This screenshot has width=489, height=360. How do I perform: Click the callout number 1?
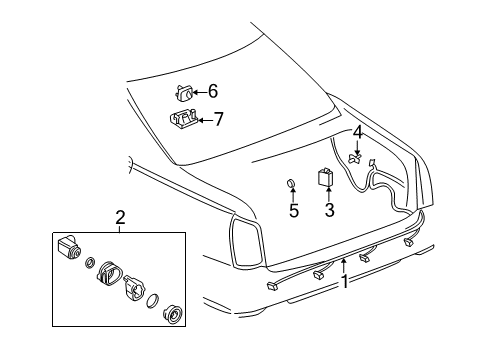pyautogui.click(x=344, y=282)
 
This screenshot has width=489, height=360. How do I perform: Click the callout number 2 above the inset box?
pyautogui.click(x=120, y=217)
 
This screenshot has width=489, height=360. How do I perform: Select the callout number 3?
pyautogui.click(x=328, y=210)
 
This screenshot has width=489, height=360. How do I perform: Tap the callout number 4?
pyautogui.click(x=357, y=131)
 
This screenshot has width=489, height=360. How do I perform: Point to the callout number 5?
pyautogui.click(x=293, y=211)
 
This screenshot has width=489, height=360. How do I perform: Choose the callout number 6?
pyautogui.click(x=212, y=91)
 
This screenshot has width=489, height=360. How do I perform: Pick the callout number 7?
pyautogui.click(x=217, y=120)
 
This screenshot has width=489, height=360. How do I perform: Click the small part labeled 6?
pyautogui.click(x=183, y=92)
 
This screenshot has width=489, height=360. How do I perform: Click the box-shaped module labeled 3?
pyautogui.click(x=327, y=178)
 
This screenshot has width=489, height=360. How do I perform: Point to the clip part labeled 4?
pyautogui.click(x=355, y=157)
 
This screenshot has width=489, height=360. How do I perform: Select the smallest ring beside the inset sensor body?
pyautogui.click(x=90, y=263)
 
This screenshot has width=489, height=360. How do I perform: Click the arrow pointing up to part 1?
pyautogui.click(x=344, y=264)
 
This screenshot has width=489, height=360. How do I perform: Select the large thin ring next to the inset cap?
pyautogui.click(x=152, y=301)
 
